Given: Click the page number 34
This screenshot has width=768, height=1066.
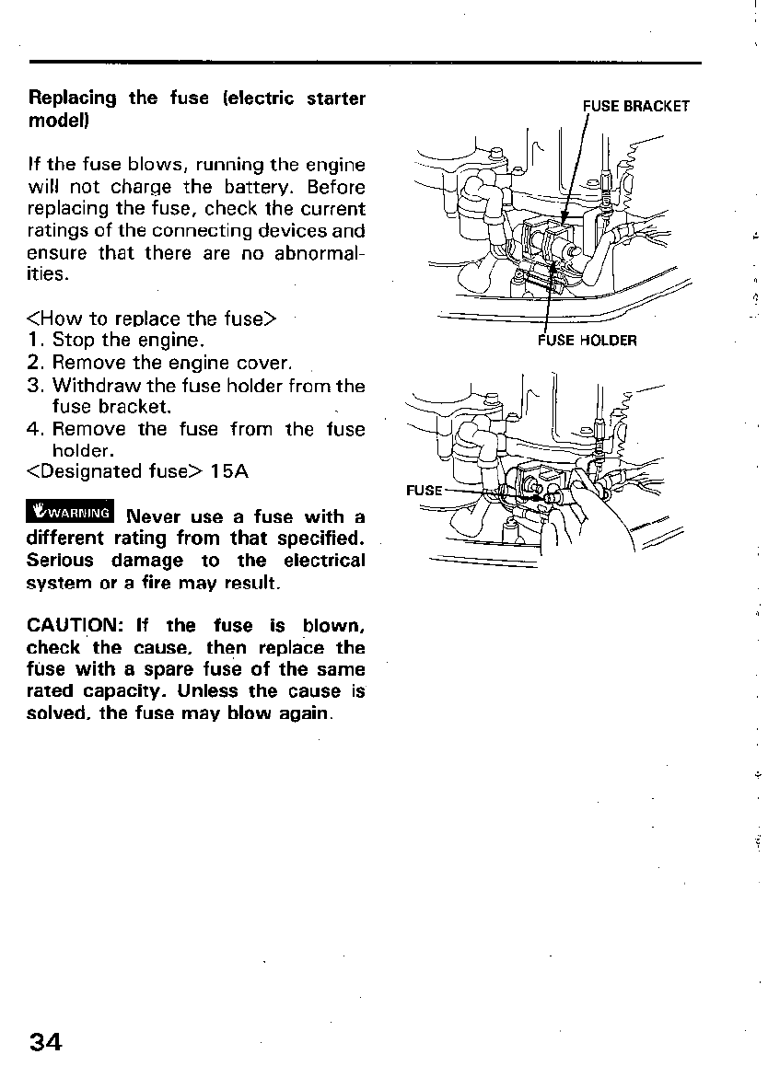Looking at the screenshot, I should point(45,1042).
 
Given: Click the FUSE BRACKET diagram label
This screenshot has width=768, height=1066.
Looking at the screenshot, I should point(635,106).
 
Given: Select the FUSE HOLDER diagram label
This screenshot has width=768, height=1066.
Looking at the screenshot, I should point(587,341).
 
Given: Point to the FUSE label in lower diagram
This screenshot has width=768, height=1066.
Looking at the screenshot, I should point(424,490).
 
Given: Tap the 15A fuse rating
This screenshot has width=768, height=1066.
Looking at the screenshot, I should point(229,472).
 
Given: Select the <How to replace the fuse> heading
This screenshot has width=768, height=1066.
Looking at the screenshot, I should point(153,319).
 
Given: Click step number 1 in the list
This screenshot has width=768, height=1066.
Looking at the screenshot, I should point(36,341).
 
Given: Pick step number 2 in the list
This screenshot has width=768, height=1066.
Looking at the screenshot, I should point(36,363).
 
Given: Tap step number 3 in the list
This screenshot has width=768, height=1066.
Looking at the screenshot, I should point(36,385).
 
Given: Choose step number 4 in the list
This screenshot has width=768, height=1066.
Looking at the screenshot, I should point(36,429).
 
